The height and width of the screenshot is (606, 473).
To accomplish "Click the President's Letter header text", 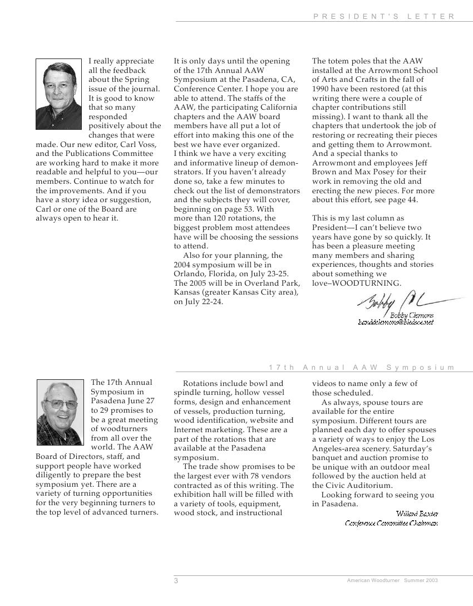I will (x=384, y=17).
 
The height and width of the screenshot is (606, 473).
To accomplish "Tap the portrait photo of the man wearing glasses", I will (x=60, y=412).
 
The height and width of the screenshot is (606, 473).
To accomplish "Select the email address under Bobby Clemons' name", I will (x=396, y=322).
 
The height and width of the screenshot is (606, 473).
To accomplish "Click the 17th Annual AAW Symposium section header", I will (x=362, y=368).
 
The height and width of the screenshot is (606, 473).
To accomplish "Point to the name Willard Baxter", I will (x=417, y=514).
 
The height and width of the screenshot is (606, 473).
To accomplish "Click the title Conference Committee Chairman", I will (x=391, y=523).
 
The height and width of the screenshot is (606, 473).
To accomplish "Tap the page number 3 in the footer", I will (x=176, y=581).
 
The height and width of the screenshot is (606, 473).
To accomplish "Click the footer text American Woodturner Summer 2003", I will (x=392, y=580).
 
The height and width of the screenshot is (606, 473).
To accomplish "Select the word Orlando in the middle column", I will (x=188, y=274).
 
